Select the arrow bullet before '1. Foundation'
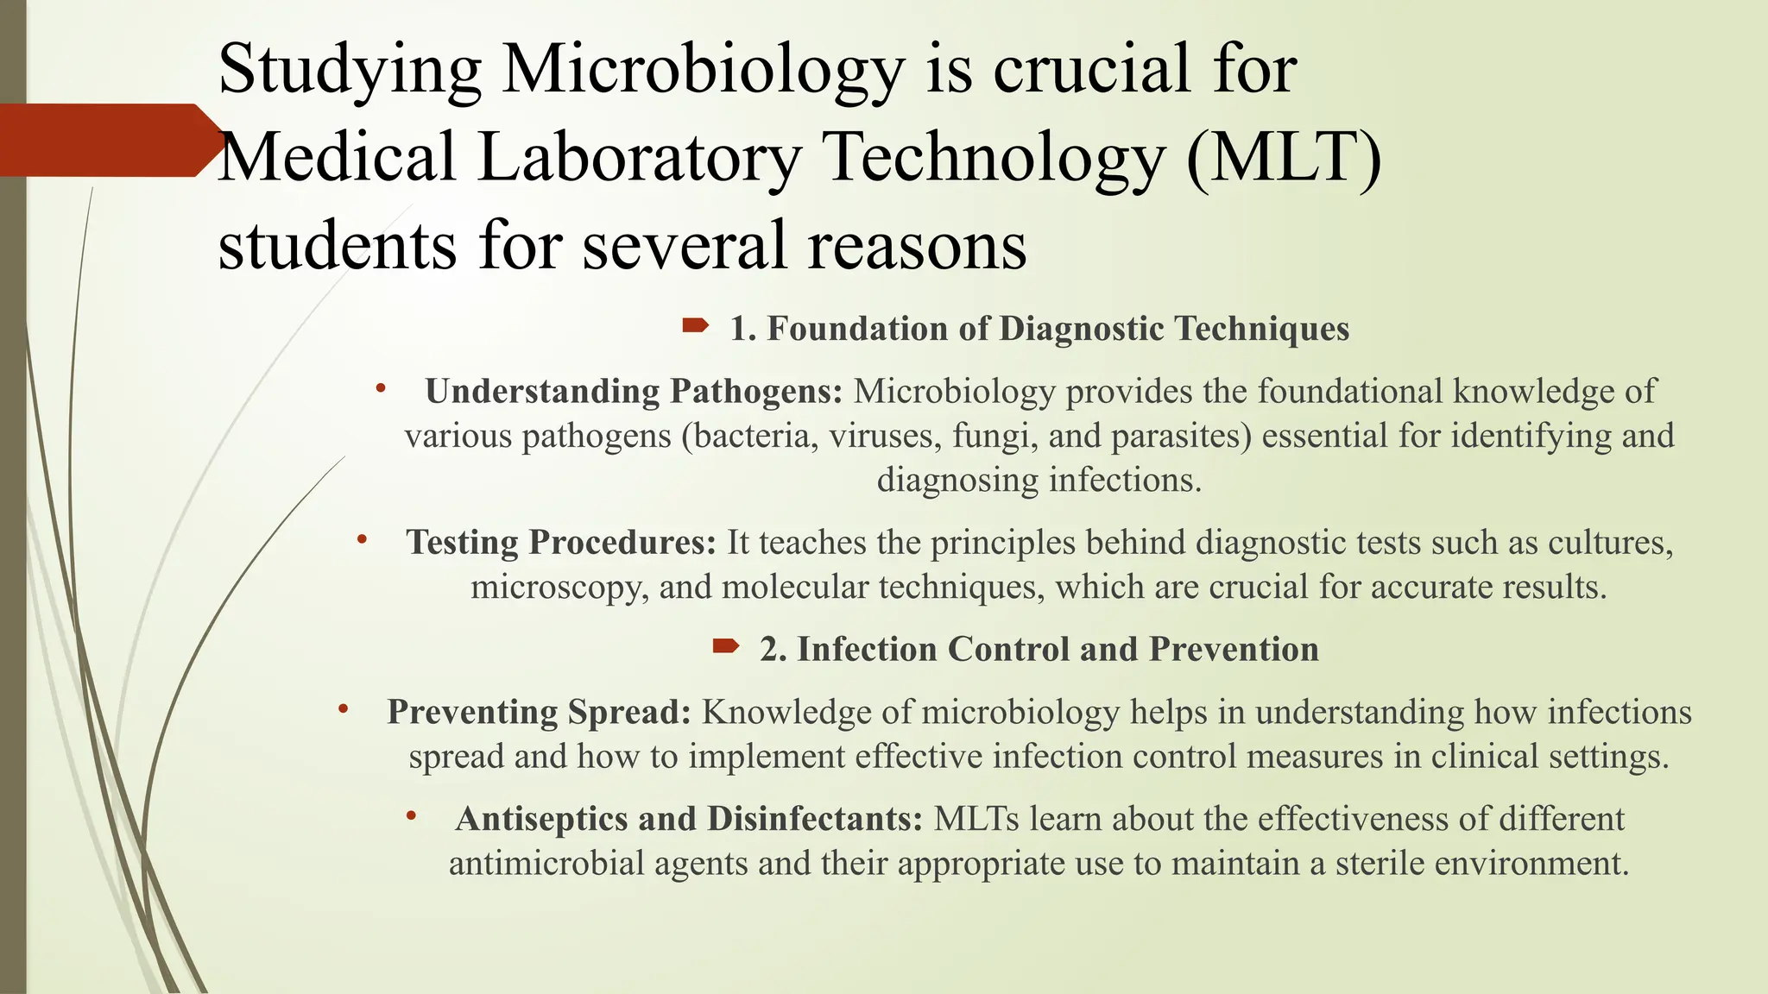[x=695, y=325]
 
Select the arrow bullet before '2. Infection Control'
[x=725, y=645]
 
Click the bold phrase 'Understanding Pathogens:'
[x=634, y=392]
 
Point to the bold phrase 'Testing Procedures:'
[x=561, y=543]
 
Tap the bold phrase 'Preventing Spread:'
[x=539, y=713]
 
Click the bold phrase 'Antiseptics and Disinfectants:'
[x=689, y=819]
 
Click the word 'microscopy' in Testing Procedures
[x=559, y=588]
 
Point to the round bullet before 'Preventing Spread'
[x=343, y=709]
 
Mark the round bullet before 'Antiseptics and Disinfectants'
[x=412, y=815]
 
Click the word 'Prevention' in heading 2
[x=1234, y=650]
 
